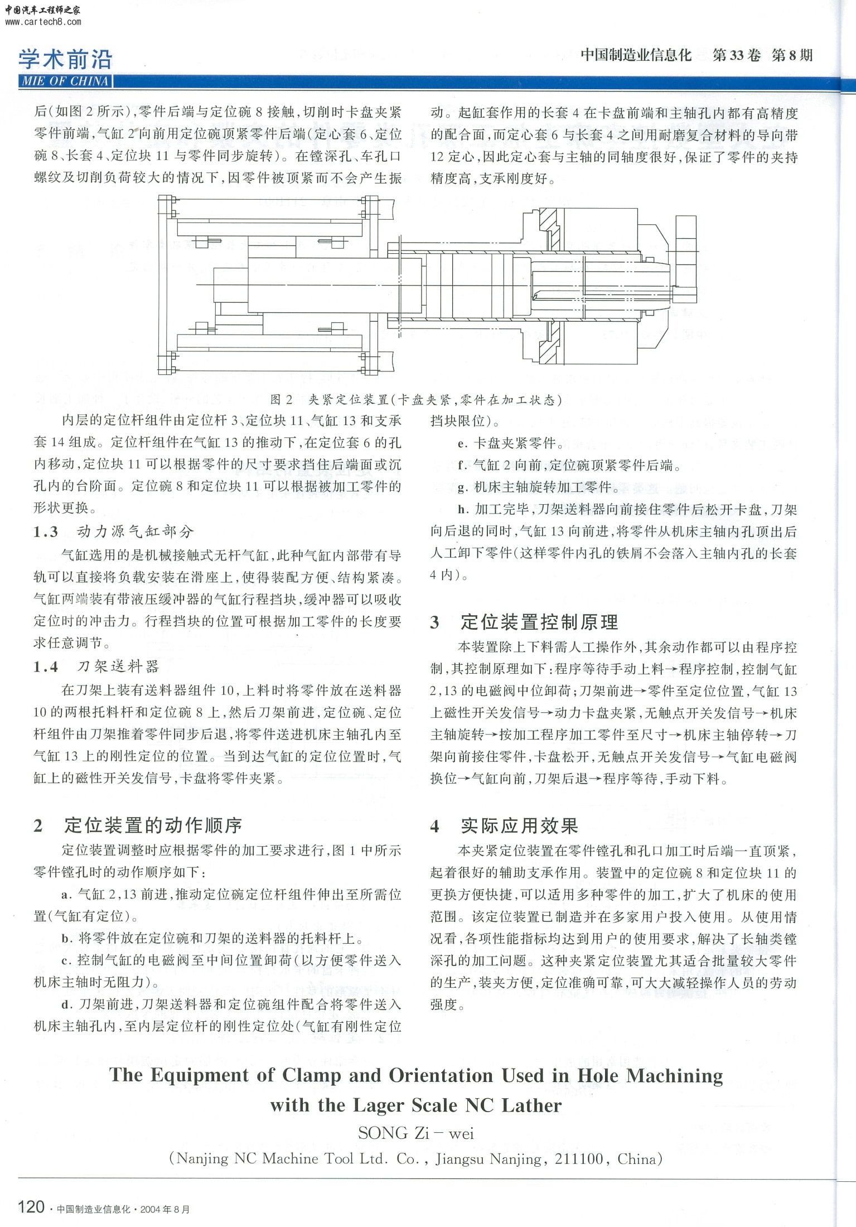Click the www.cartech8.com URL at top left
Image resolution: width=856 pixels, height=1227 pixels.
(43, 22)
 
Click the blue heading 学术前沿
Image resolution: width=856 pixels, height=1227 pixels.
(65, 59)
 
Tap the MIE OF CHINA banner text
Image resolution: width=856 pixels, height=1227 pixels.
(65, 81)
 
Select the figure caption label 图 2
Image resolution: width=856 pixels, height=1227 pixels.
(282, 399)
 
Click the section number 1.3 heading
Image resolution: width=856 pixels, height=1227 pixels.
(46, 532)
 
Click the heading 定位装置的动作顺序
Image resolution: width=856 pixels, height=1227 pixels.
(153, 825)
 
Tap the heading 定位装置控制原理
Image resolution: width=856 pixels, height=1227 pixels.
(539, 622)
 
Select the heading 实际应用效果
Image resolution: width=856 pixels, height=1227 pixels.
(519, 826)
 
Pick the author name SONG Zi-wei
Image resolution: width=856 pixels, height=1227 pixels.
(416, 1133)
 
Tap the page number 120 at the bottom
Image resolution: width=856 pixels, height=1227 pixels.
(31, 1207)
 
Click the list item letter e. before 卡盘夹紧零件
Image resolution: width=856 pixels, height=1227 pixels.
(462, 444)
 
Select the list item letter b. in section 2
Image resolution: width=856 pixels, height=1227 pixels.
(67, 939)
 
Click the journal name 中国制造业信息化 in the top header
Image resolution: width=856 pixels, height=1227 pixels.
(636, 55)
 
